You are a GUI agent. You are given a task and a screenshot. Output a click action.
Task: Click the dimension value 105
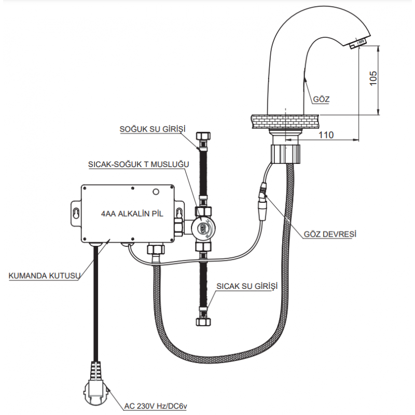tap(373, 78)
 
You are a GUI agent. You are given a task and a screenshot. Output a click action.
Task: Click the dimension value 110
tap(326, 135)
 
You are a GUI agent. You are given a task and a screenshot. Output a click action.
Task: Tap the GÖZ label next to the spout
tap(321, 99)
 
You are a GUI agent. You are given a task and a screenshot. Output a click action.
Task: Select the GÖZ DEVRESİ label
tap(330, 234)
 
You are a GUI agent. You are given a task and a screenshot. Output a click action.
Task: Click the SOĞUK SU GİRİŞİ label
tap(153, 129)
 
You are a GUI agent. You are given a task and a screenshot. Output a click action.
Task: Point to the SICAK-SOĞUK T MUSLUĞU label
tap(139, 164)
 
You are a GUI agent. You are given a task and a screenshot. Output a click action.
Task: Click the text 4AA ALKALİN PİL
tap(132, 214)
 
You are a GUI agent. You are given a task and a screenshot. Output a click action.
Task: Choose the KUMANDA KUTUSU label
tap(44, 276)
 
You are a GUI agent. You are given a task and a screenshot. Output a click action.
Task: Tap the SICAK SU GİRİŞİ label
tap(247, 286)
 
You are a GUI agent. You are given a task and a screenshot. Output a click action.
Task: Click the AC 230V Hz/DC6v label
tap(156, 406)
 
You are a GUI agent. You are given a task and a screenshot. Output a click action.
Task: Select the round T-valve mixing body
tap(203, 227)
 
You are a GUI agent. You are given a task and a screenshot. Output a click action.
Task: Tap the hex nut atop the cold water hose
tap(203, 136)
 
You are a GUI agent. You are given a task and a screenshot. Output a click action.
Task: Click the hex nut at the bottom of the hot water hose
tap(203, 322)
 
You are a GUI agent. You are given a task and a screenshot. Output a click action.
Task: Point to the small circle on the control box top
tap(156, 192)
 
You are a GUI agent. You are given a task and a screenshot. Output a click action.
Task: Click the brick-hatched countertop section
tap(285, 122)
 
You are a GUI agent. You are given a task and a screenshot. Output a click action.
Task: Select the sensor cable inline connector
tap(263, 201)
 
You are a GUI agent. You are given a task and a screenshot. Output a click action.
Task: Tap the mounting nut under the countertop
tap(286, 154)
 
